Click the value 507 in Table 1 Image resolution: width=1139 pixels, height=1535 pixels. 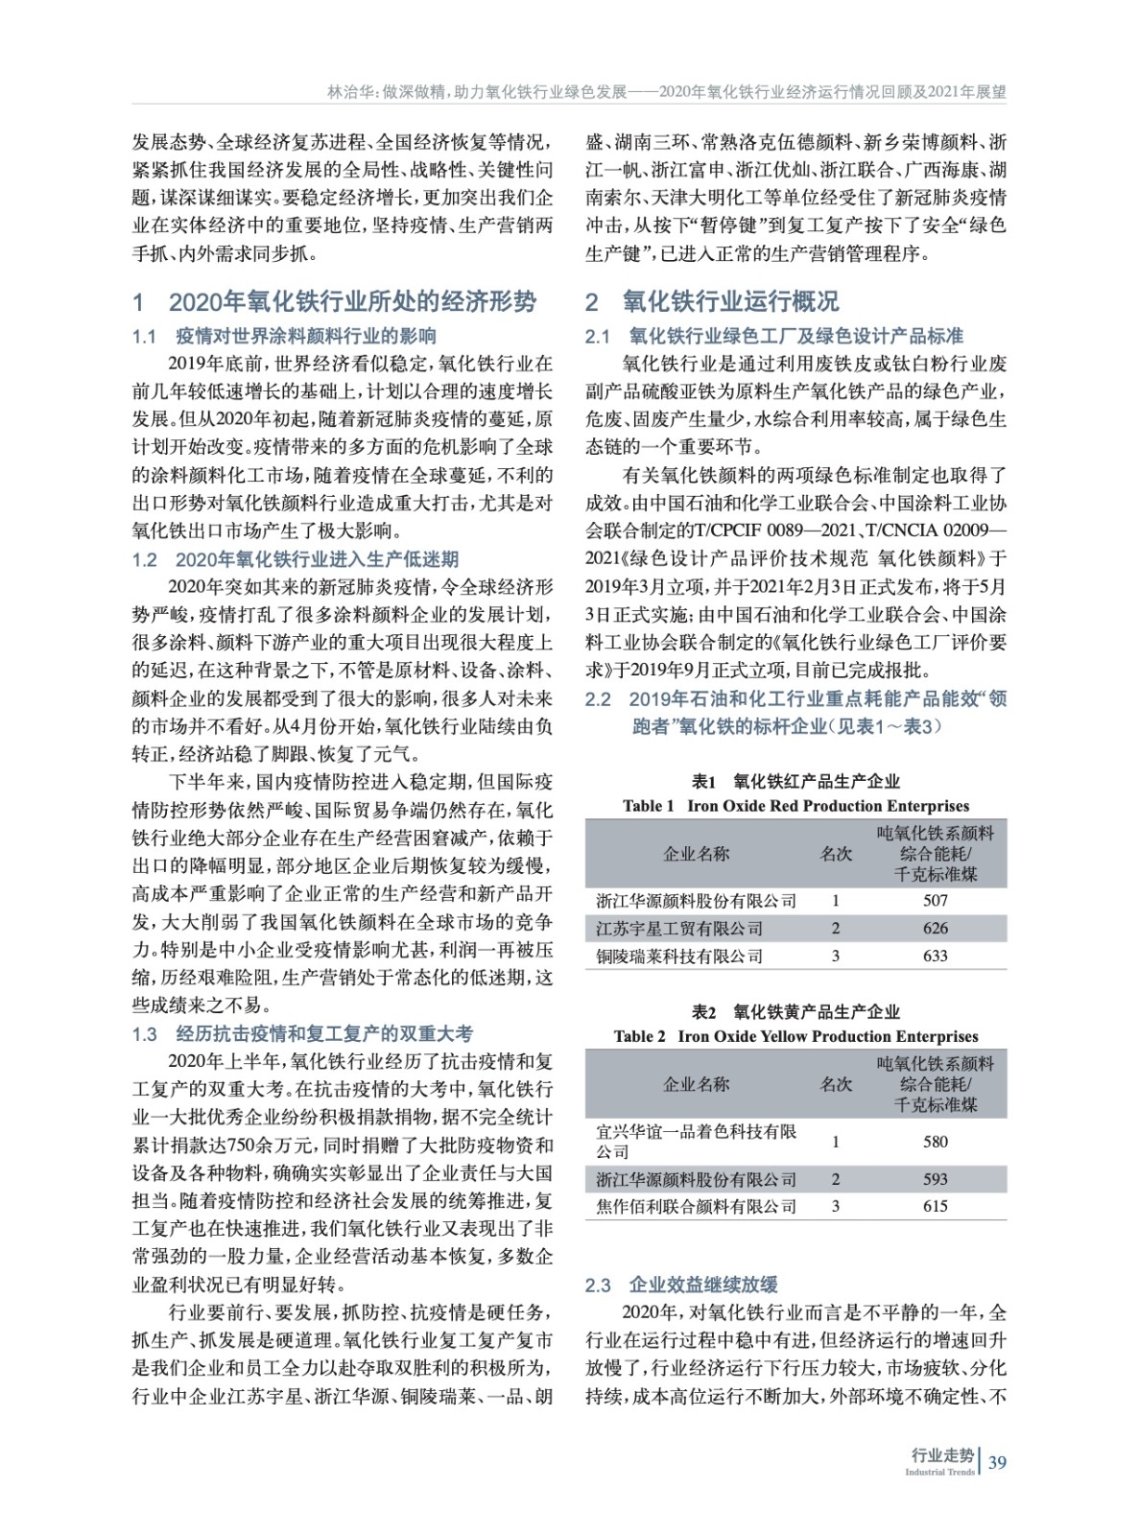935,901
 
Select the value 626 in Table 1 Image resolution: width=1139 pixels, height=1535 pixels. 935,929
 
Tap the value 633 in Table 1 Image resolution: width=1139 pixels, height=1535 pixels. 935,956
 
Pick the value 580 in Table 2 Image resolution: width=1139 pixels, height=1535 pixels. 935,1142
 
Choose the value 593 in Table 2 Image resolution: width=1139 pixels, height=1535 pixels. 935,1179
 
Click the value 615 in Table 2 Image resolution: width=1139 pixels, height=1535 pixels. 935,1207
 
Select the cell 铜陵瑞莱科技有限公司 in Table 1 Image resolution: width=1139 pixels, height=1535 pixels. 679,956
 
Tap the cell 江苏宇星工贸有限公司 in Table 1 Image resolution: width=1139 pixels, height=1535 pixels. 679,929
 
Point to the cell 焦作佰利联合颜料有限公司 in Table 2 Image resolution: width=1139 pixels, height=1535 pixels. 696,1207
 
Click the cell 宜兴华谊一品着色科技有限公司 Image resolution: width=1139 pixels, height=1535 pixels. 696,1142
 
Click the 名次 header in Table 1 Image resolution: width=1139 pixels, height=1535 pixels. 835,854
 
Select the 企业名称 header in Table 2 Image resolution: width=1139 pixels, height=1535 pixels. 696,1084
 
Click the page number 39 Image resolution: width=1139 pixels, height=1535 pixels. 997,1463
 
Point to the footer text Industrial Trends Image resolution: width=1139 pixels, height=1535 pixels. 939,1473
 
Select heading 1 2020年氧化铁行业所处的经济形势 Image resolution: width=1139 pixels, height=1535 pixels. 335,302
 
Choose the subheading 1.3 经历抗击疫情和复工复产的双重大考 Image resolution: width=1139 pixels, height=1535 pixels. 302,1034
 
